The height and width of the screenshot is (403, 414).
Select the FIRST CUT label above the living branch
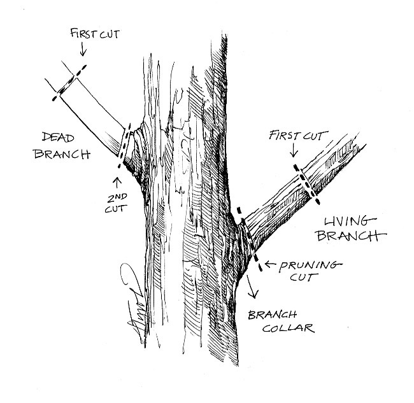pyautogui.click(x=298, y=136)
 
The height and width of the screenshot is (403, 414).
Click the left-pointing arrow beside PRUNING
pyautogui.click(x=271, y=263)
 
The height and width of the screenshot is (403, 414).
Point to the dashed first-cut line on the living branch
pyautogui.click(x=307, y=183)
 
